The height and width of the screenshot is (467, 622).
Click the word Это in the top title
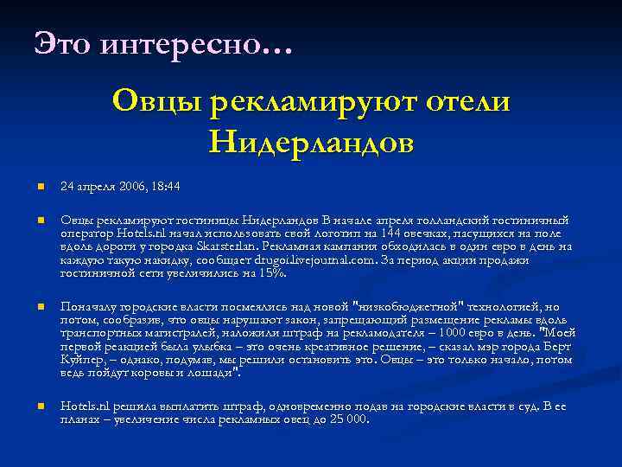click(x=62, y=41)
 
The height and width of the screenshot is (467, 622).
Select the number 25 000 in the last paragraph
click(x=345, y=419)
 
